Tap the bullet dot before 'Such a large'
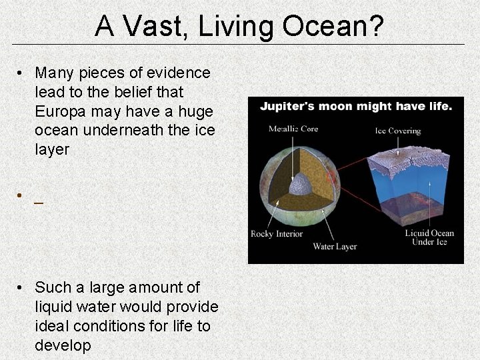pyautogui.click(x=22, y=288)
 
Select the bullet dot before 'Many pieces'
pyautogui.click(x=22, y=73)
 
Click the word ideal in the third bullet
pyautogui.click(x=52, y=326)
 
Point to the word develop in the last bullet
pyautogui.click(x=63, y=345)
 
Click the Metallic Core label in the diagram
pyautogui.click(x=293, y=129)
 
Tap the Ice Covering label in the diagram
pyautogui.click(x=397, y=131)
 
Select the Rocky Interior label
pyautogui.click(x=277, y=233)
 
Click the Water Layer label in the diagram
pyautogui.click(x=335, y=246)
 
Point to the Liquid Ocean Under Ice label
pyautogui.click(x=429, y=237)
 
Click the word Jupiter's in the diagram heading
pyautogui.click(x=285, y=106)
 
